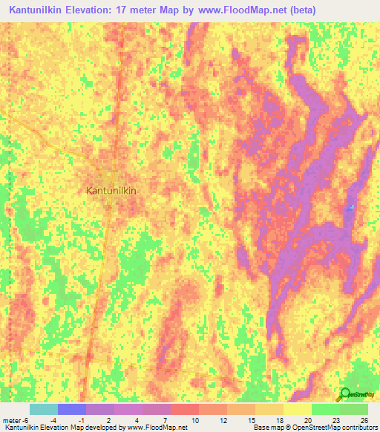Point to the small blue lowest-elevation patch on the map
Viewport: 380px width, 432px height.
[x=351, y=207]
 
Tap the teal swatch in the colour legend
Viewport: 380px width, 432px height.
[x=44, y=409]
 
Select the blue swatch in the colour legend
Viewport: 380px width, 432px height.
[x=72, y=409]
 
